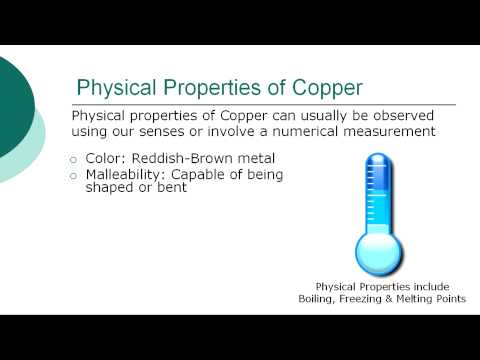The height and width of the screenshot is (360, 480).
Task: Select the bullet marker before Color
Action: tap(73, 159)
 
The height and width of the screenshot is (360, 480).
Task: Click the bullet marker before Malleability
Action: tap(73, 176)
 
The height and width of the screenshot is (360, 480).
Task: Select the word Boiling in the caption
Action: tap(317, 299)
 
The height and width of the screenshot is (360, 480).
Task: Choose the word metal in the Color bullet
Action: tap(255, 158)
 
